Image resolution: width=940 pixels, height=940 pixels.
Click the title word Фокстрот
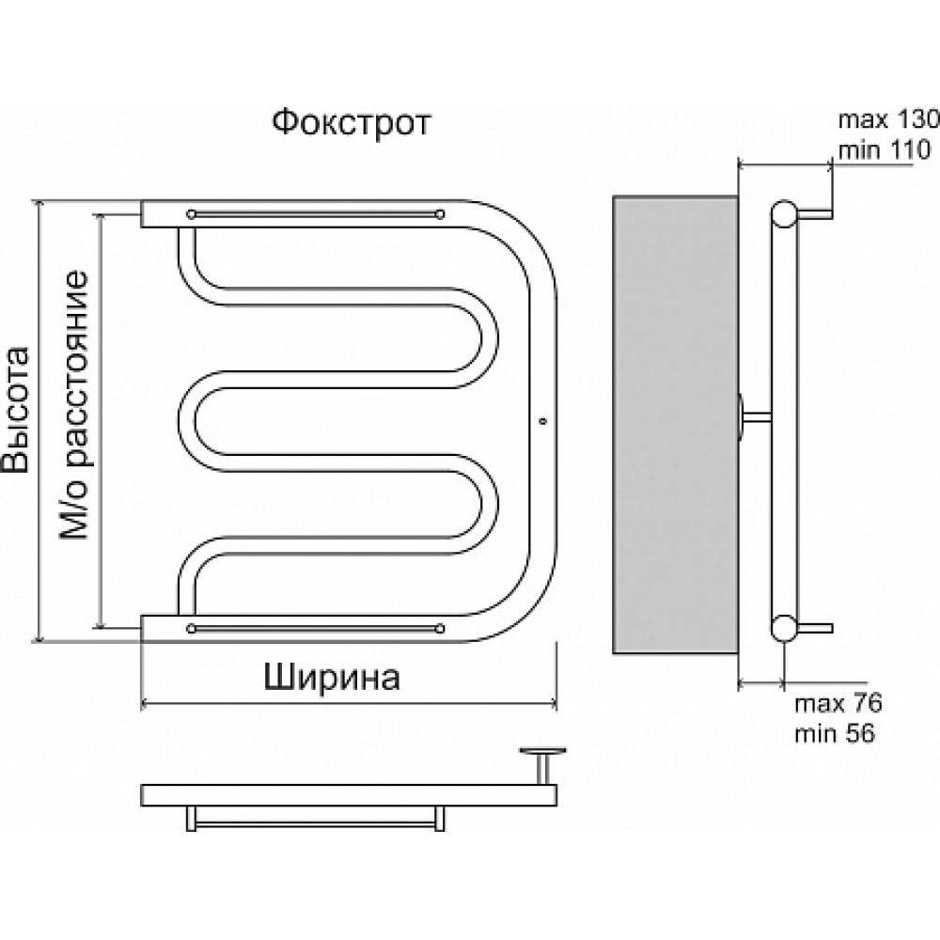352,123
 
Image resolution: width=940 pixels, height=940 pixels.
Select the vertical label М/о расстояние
74,406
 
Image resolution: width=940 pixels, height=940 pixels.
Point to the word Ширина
332,678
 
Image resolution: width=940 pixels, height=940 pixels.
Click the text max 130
888,120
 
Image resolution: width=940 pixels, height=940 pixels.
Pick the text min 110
885,149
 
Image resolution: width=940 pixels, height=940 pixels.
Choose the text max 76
838,703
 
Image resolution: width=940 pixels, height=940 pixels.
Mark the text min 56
835,733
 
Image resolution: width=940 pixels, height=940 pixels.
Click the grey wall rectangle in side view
675,425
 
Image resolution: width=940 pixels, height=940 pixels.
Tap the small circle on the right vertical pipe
543,421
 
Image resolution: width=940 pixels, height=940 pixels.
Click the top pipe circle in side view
784,214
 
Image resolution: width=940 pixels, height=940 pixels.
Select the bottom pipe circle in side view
784,628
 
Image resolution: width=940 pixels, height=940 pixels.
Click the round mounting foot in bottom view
543,750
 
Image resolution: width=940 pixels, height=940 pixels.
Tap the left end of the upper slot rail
191,214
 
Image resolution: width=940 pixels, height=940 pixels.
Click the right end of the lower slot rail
440,628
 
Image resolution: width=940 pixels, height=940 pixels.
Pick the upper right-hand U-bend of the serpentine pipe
483,337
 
